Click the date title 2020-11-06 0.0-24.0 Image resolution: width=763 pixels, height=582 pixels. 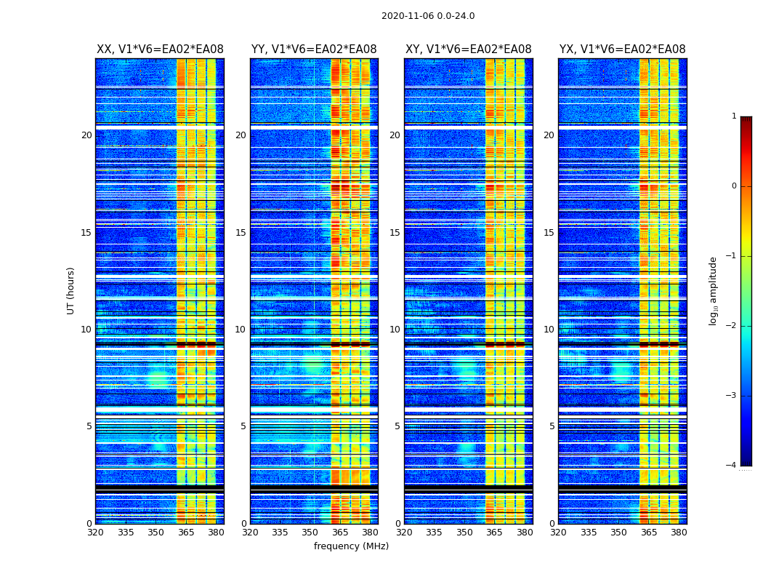[x=428, y=16]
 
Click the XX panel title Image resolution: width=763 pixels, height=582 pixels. [x=160, y=49]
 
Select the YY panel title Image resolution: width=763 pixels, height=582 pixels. [x=314, y=49]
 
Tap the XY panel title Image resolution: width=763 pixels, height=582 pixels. [x=468, y=49]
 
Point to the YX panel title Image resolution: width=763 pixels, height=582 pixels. [x=622, y=49]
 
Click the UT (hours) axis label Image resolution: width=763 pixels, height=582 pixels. [x=71, y=290]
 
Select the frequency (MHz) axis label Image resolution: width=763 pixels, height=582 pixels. [x=351, y=546]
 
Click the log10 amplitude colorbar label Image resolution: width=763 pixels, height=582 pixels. [x=714, y=290]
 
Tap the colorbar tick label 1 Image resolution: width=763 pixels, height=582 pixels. [x=734, y=116]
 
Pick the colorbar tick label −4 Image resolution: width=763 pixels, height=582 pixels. [x=732, y=466]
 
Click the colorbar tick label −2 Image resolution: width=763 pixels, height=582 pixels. [x=732, y=326]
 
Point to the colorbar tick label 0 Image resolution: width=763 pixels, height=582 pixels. [x=734, y=186]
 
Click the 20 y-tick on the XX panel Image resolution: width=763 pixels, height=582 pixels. [x=86, y=135]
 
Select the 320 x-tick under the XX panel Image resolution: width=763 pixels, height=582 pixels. [x=96, y=533]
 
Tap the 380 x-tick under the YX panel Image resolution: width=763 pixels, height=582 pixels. [x=679, y=533]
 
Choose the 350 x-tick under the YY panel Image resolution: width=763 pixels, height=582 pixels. [x=310, y=533]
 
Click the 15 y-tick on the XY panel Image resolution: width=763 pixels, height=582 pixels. [x=395, y=233]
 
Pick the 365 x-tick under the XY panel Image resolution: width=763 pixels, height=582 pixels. [x=494, y=533]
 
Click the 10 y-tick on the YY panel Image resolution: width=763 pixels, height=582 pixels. [x=241, y=330]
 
